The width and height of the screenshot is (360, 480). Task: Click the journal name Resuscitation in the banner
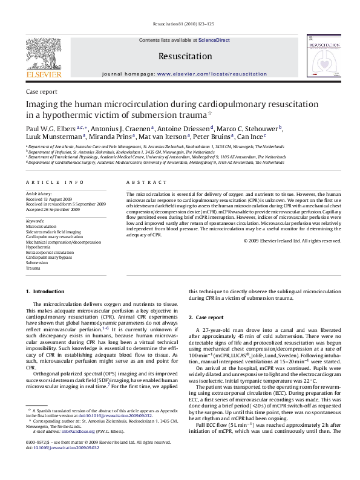point(180,56)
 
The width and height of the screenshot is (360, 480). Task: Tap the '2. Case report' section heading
point(206,317)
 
